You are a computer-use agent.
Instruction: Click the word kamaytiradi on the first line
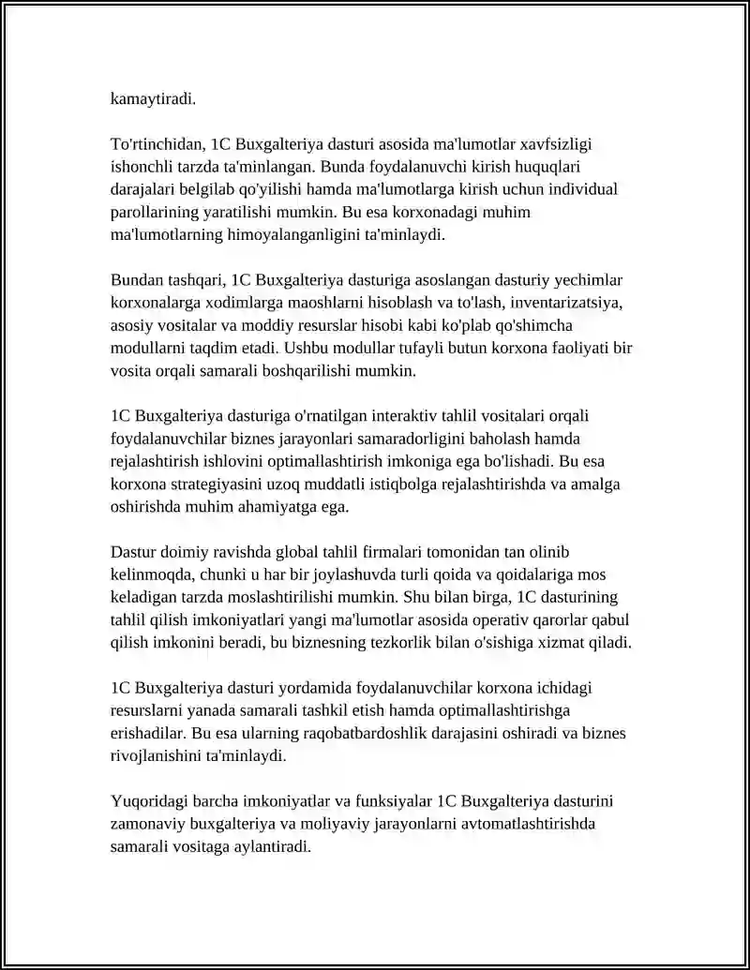[x=153, y=98]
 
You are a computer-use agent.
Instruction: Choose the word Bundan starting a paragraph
[x=138, y=280]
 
